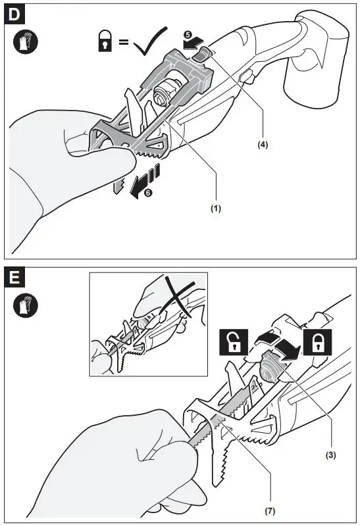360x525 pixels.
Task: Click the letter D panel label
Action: pos(14,14)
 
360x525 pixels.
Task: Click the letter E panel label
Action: pos(14,278)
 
